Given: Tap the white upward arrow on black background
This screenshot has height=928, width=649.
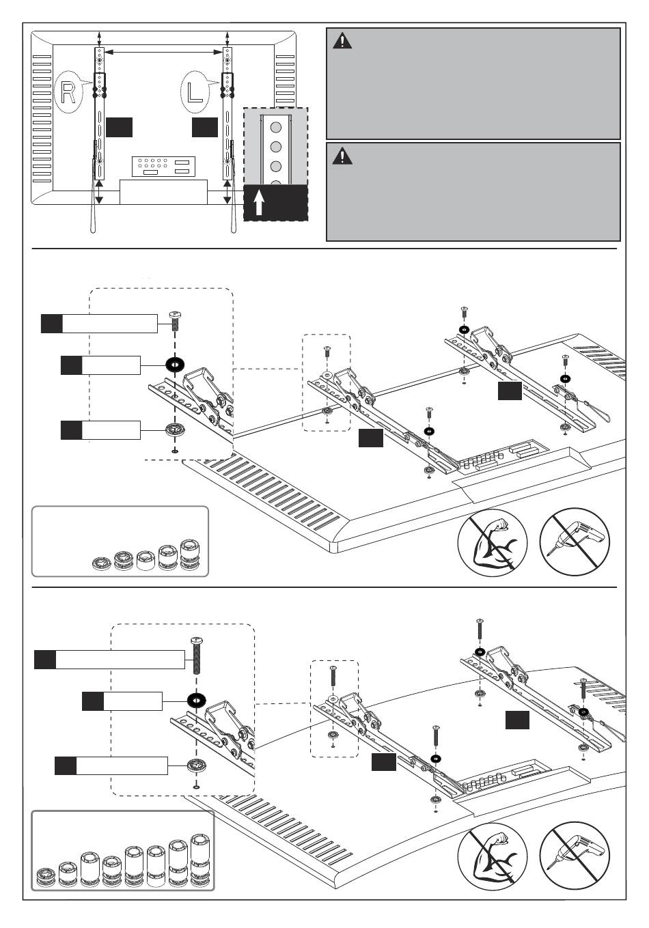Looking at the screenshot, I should (259, 203).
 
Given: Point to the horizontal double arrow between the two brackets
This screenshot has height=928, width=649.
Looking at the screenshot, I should (164, 51).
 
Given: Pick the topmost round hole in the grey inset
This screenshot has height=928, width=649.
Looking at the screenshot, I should (275, 127).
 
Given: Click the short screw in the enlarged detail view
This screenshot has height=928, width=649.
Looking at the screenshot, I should (174, 319).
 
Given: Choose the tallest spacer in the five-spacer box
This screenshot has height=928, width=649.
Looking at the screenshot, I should (189, 554).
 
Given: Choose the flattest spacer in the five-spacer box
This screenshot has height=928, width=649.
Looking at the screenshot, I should (100, 563).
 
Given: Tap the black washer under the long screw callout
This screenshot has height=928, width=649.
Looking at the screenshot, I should (197, 701).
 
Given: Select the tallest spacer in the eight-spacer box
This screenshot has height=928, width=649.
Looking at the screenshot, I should (199, 858).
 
